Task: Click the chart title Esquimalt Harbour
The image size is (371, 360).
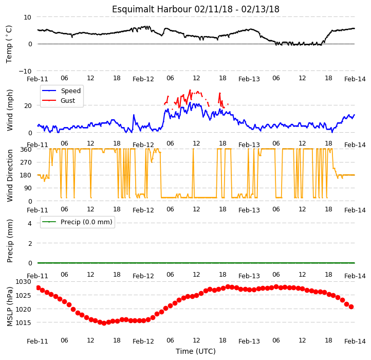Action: (x=152, y=9)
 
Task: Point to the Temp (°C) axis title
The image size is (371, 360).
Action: (x=9, y=44)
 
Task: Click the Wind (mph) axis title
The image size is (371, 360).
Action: (x=9, y=110)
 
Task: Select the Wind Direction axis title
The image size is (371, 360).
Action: (x=9, y=175)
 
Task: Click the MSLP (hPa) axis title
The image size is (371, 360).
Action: (x=9, y=307)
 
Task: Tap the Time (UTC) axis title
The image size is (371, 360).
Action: (x=196, y=351)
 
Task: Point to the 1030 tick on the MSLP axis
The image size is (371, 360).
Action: (x=23, y=282)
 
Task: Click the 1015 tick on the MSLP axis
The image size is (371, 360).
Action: (x=23, y=322)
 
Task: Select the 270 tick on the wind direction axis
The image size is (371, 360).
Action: (x=26, y=162)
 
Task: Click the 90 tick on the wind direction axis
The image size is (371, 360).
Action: (x=28, y=188)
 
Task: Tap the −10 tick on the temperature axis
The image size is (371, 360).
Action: (x=25, y=71)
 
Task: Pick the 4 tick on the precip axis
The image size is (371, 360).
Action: (x=30, y=223)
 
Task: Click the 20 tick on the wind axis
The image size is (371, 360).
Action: (x=28, y=105)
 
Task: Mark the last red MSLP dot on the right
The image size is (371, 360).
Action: (x=351, y=307)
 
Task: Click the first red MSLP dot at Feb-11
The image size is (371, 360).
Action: (x=39, y=287)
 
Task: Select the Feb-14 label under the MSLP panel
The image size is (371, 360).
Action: (x=355, y=341)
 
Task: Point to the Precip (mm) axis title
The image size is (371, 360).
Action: (x=9, y=241)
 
